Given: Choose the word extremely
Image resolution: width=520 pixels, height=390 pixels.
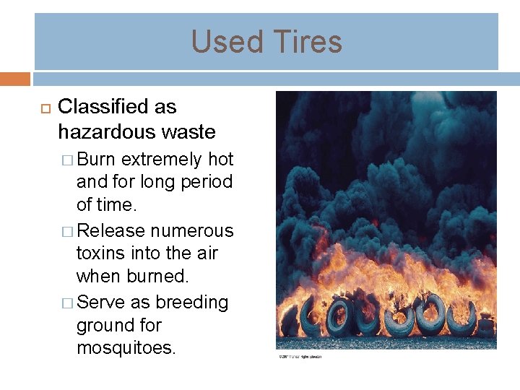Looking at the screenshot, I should [x=162, y=159].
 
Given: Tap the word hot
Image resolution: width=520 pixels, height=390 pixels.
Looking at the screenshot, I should [x=220, y=159].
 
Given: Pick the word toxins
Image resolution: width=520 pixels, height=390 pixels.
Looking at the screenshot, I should [x=101, y=254].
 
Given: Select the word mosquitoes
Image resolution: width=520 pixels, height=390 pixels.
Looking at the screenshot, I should [x=126, y=348].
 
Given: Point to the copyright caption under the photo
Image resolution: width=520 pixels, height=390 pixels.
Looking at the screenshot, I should [x=300, y=356].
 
